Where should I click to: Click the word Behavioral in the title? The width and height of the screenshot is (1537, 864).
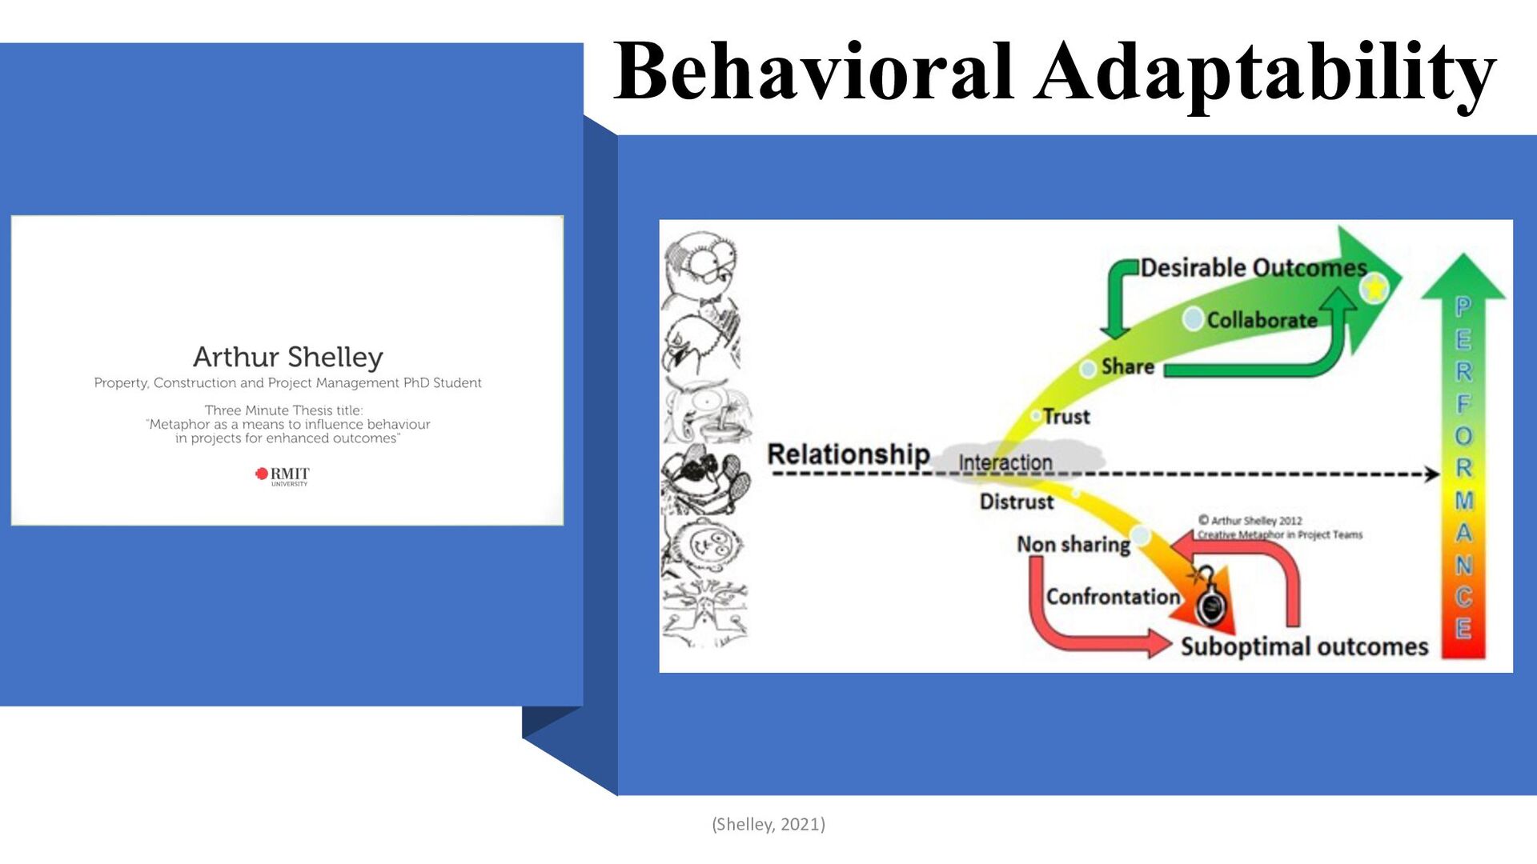pos(813,72)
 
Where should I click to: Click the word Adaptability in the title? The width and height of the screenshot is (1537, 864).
pos(1265,74)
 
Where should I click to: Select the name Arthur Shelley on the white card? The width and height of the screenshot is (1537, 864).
pos(288,357)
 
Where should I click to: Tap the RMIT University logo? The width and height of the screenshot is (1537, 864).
pos(282,475)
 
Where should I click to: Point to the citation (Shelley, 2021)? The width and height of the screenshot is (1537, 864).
pos(768,824)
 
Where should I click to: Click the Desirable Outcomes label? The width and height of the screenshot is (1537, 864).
pos(1253,268)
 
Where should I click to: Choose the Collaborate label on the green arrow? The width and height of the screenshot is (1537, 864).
pos(1262,320)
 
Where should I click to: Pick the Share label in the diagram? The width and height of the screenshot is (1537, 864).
pos(1127,366)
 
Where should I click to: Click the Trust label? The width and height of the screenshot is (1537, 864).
pos(1065,417)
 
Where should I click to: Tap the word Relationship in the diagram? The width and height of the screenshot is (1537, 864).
pos(848,454)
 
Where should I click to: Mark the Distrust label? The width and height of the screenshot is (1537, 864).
pos(1017,502)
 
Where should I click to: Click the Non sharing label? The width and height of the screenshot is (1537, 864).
pos(1073,545)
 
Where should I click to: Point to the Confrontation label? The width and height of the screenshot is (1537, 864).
pos(1113,597)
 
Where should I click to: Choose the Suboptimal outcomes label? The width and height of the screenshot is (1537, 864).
pos(1304,646)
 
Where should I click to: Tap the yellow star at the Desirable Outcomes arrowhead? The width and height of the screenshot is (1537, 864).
pos(1374,286)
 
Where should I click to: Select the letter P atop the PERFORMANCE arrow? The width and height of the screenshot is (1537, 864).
pos(1463,306)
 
